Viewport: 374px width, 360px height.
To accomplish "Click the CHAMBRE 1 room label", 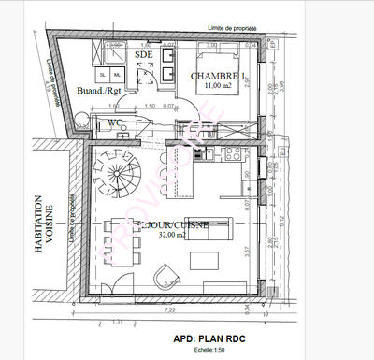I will [x=218, y=76].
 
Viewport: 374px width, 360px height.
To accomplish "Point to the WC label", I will [x=114, y=122].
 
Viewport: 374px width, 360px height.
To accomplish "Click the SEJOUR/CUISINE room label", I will [x=174, y=225].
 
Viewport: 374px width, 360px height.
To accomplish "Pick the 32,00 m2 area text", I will [x=174, y=238].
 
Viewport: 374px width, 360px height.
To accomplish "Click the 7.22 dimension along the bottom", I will [x=170, y=309].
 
